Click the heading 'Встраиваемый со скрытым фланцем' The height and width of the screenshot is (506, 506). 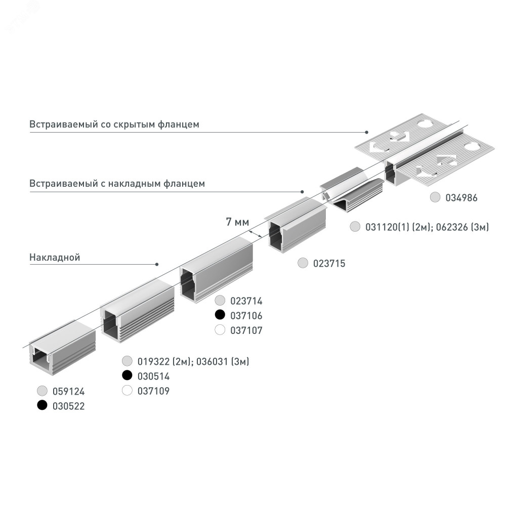[114, 124]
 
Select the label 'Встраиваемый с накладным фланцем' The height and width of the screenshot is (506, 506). [117, 184]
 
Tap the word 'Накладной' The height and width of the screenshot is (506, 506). [55, 257]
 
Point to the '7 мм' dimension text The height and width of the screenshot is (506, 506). [237, 222]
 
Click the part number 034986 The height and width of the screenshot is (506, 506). [461, 198]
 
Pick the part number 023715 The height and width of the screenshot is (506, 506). [329, 263]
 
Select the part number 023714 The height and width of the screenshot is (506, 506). [246, 301]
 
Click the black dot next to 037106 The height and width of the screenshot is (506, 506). [220, 315]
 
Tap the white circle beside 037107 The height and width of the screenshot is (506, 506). [220, 330]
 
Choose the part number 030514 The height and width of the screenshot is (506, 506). [154, 376]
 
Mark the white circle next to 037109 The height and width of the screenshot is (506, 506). [127, 391]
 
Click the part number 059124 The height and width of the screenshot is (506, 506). [69, 392]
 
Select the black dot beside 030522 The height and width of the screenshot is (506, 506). [43, 405]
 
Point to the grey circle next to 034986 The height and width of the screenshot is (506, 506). [435, 197]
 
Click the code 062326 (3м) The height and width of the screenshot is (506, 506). [462, 227]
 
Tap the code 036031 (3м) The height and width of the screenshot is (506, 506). [223, 361]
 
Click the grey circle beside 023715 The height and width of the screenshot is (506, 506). [303, 263]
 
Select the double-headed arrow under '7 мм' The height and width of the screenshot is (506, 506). [255, 234]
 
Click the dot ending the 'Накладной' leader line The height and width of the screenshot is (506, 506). [157, 264]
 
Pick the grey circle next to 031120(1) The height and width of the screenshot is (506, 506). [355, 227]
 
